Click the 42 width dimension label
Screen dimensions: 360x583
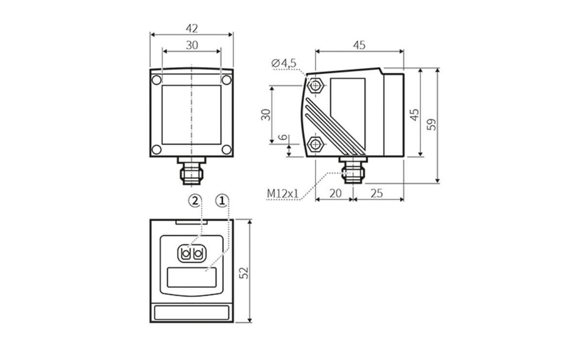pos(191,29)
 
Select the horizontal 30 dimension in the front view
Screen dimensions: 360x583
pos(191,45)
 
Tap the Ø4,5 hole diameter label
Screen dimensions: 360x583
pos(284,63)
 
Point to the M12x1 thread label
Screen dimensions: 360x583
pos(282,194)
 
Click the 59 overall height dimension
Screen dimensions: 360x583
pos(431,125)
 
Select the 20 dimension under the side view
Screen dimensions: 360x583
pos(335,193)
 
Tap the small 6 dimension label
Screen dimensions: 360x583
pos(283,138)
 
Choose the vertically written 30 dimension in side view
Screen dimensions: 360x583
pos(265,115)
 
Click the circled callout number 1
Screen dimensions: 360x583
pos(222,200)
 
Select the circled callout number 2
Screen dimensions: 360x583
pos(194,200)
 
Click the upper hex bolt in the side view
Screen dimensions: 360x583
pos(316,86)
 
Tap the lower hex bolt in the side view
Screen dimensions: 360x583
pos(316,143)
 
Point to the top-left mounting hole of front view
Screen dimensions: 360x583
pos(156,80)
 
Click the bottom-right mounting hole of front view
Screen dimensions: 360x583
pos(226,149)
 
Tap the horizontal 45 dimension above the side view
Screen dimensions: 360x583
pos(359,45)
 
